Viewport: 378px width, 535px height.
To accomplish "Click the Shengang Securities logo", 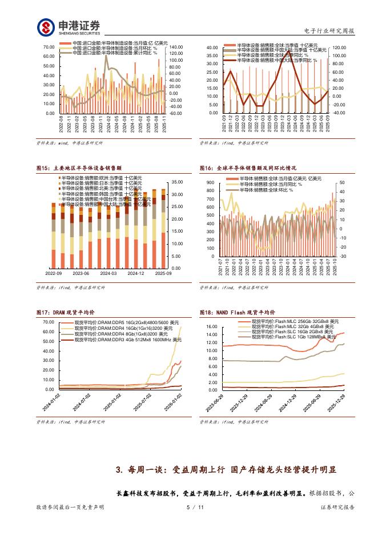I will point(69,27).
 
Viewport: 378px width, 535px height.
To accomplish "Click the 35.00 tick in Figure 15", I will point(176,182).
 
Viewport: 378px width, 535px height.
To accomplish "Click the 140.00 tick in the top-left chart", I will point(175,47).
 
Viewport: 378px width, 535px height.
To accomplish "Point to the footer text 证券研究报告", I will point(336,507).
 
